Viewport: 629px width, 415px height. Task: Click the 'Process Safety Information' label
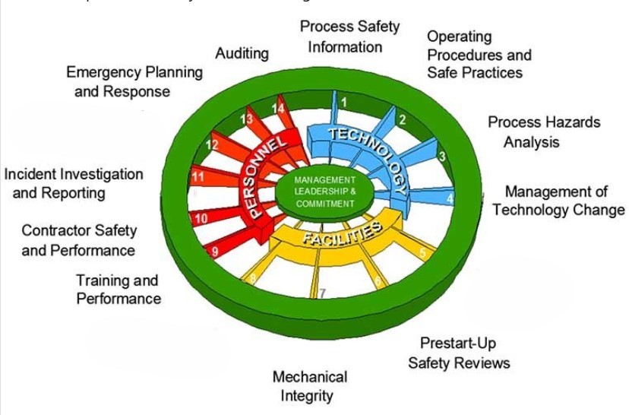tap(349, 36)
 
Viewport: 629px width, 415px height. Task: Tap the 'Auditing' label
tap(242, 53)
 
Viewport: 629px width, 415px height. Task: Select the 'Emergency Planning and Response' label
tap(134, 82)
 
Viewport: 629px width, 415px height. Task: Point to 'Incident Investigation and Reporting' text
tap(73, 183)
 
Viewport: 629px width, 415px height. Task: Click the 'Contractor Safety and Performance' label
tap(78, 239)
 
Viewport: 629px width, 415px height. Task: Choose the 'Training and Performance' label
tap(118, 290)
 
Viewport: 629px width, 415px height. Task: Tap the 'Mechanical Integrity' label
tap(309, 386)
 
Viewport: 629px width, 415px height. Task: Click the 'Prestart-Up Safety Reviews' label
tap(458, 353)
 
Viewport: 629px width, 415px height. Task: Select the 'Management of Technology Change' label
tap(558, 201)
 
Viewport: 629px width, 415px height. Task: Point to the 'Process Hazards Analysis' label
tap(543, 131)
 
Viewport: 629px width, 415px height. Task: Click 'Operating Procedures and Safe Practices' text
tap(479, 54)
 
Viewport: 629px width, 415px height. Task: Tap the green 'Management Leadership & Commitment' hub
tap(324, 192)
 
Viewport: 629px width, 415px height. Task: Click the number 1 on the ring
tap(343, 101)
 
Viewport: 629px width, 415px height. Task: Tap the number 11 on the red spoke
tap(199, 177)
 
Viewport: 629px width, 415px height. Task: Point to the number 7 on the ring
tap(322, 293)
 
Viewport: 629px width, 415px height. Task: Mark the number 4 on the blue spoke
tap(450, 198)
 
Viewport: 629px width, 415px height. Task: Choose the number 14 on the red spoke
tap(279, 108)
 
